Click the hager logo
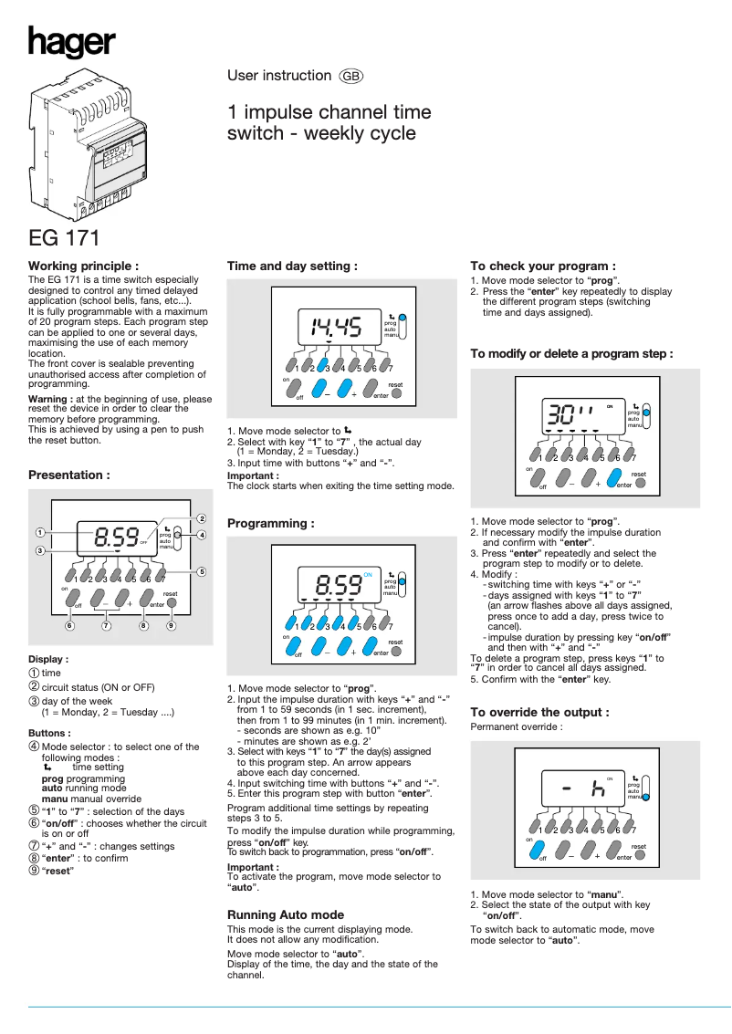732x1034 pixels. point(71,42)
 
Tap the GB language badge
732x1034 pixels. point(351,77)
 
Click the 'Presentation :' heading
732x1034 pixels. point(69,475)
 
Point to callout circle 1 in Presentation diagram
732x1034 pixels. point(40,532)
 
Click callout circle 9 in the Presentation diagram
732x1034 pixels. point(171,626)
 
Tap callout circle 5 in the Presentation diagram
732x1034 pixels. point(201,571)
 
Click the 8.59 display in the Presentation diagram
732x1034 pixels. point(117,536)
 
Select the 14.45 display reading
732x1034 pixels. point(336,326)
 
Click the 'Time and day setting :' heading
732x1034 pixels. point(291,266)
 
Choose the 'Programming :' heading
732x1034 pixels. point(270,523)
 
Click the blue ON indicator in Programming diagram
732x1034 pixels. point(369,574)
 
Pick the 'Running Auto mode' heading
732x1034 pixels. point(286,914)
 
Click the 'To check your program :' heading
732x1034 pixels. point(543,266)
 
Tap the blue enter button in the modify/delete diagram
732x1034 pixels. point(618,478)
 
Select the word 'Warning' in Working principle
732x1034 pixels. point(47,399)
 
